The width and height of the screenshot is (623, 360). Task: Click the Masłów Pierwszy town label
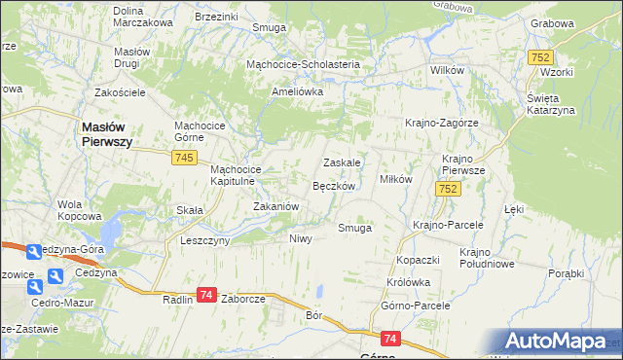[x=105, y=133]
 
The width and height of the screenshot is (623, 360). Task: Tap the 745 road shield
[x=186, y=158]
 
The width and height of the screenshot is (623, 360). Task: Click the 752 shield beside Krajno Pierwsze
[x=447, y=190]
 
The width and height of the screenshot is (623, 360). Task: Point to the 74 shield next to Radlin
[x=205, y=295]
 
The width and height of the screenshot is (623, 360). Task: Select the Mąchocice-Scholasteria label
[x=303, y=64]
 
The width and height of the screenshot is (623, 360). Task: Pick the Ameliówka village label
[x=297, y=91]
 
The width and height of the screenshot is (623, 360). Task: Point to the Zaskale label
[x=343, y=162]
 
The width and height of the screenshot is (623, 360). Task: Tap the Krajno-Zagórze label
[x=441, y=123]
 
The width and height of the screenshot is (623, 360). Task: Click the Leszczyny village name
[x=204, y=239]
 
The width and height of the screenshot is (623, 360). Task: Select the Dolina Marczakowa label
[x=142, y=17]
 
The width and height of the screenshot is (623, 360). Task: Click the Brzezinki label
[x=216, y=17]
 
